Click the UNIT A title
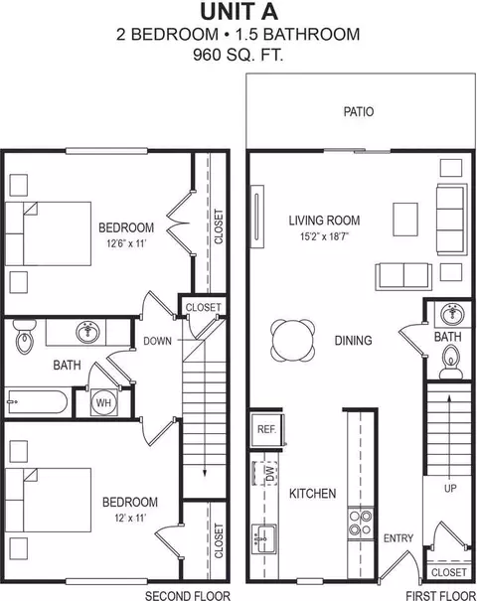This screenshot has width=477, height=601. coord(238,12)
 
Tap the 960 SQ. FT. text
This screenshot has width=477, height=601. coord(238,55)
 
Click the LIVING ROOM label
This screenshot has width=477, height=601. coord(324,221)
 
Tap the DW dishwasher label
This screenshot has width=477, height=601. coord(266,470)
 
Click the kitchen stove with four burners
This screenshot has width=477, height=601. coord(359,523)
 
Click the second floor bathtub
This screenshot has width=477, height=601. coord(36,403)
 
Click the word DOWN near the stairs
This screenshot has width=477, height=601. coord(158,341)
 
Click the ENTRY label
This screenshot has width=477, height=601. coord(398,538)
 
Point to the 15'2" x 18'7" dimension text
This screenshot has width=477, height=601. coord(324,238)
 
